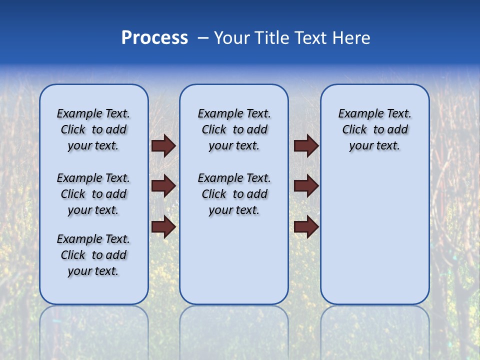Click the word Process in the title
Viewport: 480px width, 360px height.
154,38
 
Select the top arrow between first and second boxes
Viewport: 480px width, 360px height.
163,146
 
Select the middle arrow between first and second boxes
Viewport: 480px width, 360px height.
163,186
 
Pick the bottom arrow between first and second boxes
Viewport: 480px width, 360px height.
163,227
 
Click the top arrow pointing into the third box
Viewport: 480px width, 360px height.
306,146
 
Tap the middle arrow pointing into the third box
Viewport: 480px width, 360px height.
306,186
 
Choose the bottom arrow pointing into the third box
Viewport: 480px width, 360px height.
306,227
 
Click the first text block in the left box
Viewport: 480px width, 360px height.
93,129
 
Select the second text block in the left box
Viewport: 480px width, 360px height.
93,194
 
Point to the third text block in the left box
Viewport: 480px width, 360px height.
93,255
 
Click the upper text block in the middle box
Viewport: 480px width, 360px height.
234,129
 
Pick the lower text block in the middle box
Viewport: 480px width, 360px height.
234,194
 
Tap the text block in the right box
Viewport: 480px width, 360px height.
374,129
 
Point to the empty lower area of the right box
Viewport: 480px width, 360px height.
374,235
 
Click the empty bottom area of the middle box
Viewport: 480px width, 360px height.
234,265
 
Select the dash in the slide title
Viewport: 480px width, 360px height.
202,38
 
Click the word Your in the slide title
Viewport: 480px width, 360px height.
232,38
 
